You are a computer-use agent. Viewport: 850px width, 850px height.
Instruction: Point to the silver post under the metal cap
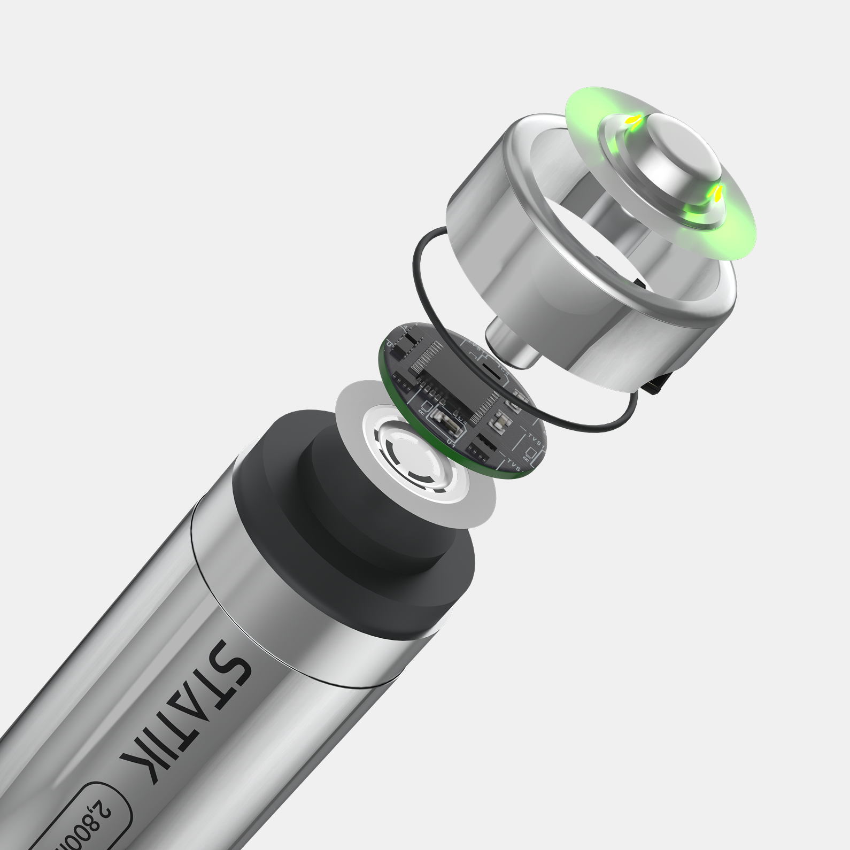pyautogui.click(x=508, y=342)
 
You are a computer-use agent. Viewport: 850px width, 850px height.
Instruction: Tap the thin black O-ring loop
pyautogui.click(x=422, y=321)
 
